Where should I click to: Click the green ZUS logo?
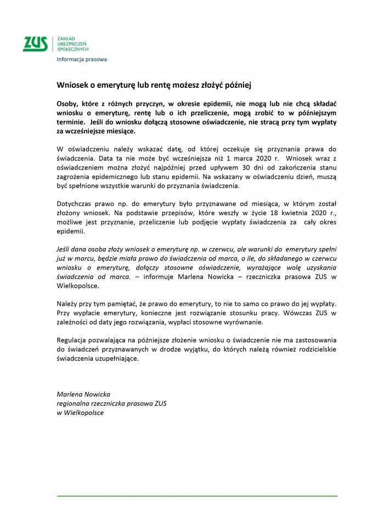(35, 44)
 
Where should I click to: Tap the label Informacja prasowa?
(82, 59)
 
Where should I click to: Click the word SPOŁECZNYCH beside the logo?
(73, 49)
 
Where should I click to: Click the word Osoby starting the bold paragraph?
(68, 104)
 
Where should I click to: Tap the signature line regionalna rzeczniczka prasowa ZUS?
(112, 403)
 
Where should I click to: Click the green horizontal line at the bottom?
(197, 496)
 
